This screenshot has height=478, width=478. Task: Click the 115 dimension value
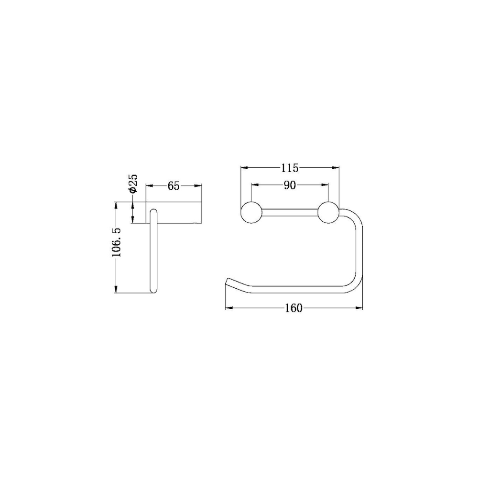coord(290,168)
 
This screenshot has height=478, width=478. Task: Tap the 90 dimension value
coord(290,185)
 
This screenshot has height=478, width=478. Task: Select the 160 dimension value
coord(293,308)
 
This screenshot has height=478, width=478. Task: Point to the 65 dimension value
coord(174,186)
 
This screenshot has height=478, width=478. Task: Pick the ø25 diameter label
coord(133,184)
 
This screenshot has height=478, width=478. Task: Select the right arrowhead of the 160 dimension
coord(359,308)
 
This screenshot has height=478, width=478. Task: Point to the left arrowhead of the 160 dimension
coord(228,308)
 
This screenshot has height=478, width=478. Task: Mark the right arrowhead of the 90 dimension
coord(326,185)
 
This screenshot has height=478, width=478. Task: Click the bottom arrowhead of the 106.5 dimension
coord(116,289)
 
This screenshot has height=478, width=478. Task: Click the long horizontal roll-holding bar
coord(296,289)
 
